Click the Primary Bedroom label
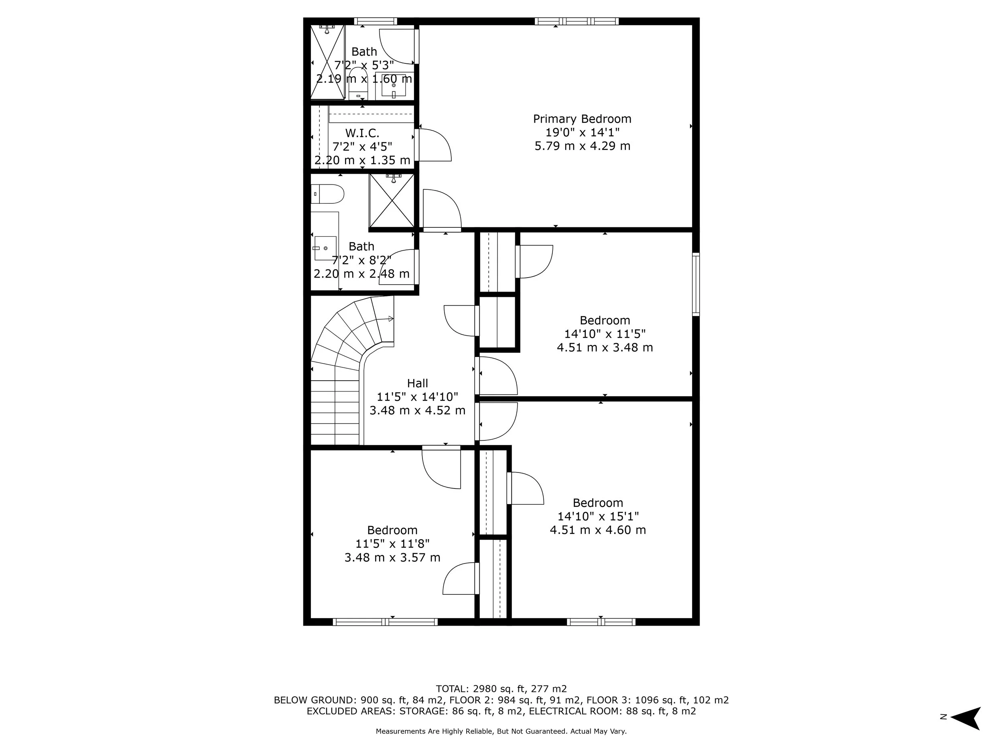coord(582,119)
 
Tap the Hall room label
coord(417,383)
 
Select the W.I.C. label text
coord(362,133)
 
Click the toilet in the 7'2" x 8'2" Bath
coord(328,194)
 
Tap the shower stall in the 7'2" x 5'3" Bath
coord(327,62)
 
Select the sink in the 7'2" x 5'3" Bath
coord(394,85)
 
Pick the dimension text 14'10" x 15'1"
coord(598,516)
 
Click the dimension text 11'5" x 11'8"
coord(392,543)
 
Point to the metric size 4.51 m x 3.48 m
coord(605,348)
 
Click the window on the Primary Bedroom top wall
coord(576,21)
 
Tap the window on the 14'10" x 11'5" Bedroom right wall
coord(696,284)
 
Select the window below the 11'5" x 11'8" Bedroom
coord(385,622)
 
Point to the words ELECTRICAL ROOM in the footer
coord(574,711)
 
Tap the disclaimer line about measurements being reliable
coord(501,731)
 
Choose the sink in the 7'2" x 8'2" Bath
coord(325,248)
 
